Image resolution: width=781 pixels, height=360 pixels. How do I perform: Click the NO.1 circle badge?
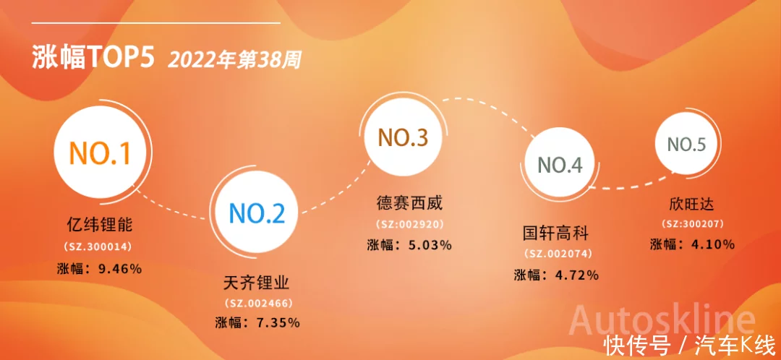coord(100,153)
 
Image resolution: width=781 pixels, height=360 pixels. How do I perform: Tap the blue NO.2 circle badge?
coord(257,213)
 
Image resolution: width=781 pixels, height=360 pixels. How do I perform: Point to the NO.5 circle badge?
coord(686,145)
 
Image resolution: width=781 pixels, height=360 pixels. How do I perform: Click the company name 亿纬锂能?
coord(100,225)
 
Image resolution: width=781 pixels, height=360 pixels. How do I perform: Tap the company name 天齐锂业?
coord(257,283)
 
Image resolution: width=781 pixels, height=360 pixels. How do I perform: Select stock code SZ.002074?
coord(558,254)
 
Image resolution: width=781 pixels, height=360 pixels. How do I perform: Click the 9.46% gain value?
coord(121,270)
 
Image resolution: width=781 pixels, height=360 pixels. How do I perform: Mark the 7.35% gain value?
coord(278,322)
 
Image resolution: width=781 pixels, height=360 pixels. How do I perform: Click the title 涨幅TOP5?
coord(93,57)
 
